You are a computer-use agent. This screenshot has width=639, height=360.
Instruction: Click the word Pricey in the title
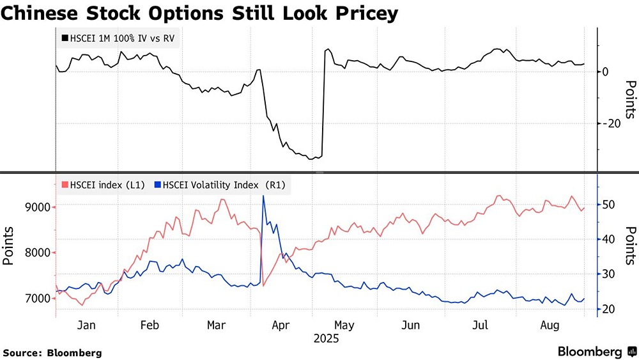[364, 13]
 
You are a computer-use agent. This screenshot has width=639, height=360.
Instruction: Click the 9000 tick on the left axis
[36, 207]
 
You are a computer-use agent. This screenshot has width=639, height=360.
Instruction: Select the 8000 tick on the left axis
[36, 253]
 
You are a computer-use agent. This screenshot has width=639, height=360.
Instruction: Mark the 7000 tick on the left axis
[36, 299]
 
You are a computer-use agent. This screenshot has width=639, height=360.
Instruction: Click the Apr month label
[281, 325]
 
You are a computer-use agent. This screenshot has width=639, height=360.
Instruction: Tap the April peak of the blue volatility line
[263, 196]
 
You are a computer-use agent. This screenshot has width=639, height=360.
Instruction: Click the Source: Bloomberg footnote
[52, 352]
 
